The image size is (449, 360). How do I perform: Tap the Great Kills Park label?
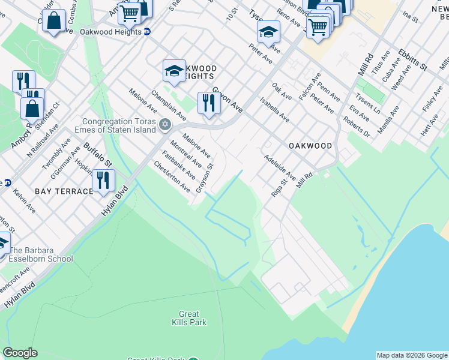tap(193, 318)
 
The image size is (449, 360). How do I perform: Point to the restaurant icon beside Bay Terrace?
tap(103, 179)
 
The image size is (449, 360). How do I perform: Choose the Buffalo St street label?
tap(98, 154)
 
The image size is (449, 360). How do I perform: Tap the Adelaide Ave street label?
tap(280, 167)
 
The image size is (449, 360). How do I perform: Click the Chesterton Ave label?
tap(172, 176)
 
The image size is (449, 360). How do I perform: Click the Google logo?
tap(20, 353)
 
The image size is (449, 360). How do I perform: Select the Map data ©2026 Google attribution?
tap(411, 355)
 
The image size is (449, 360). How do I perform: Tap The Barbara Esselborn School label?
tap(41, 255)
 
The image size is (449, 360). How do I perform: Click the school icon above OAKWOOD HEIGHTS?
tap(174, 70)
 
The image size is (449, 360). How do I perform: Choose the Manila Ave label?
tap(388, 120)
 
